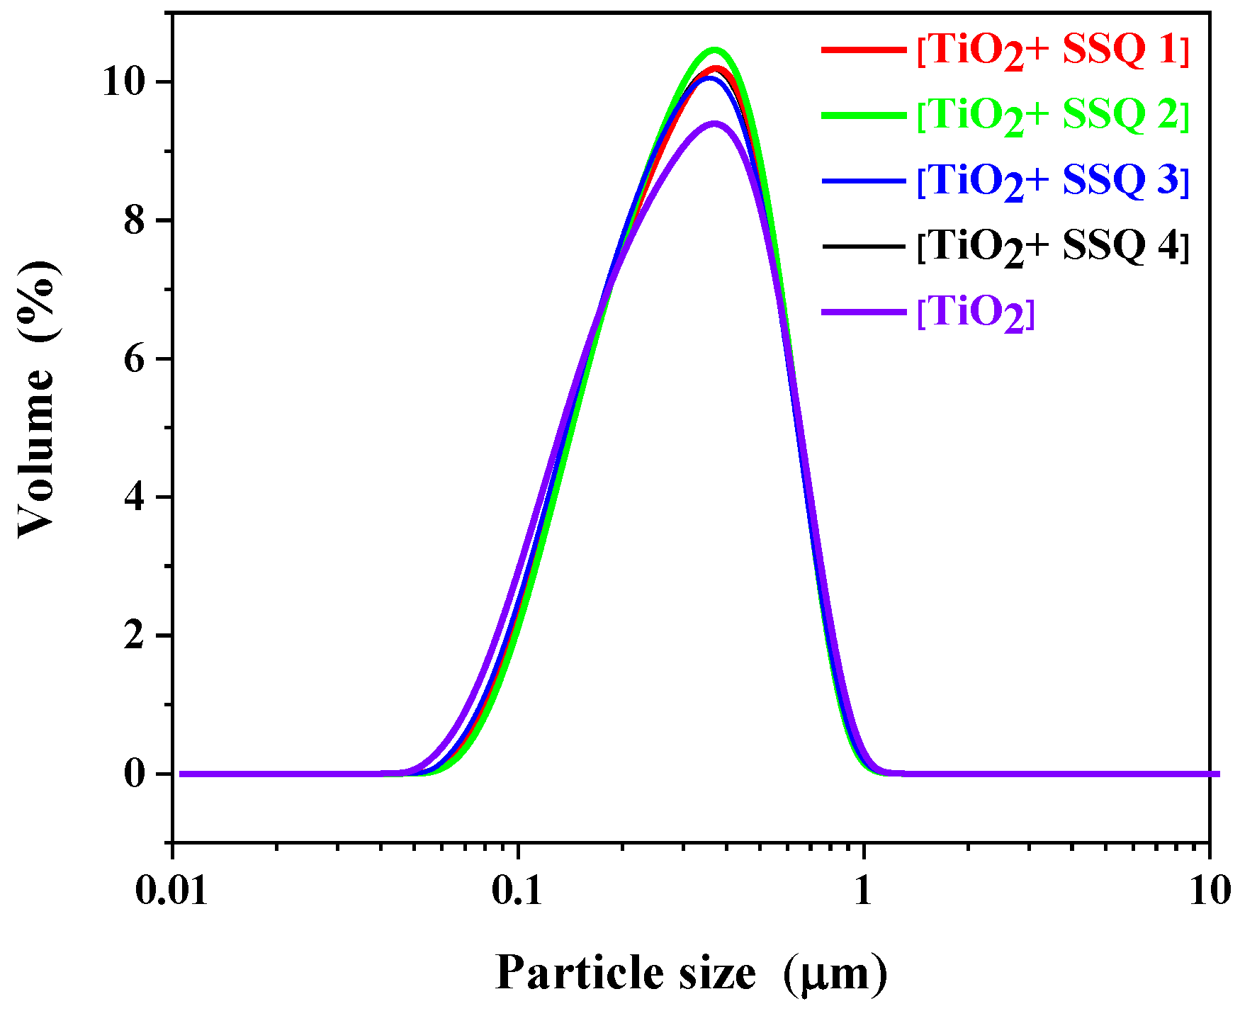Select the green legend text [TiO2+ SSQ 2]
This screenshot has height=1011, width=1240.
pos(1053,115)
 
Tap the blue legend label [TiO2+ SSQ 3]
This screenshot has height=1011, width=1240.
pos(1053,181)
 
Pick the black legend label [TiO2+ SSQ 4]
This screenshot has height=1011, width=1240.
pos(1053,246)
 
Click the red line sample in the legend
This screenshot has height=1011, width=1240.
pos(864,50)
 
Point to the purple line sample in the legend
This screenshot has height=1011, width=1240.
pos(864,312)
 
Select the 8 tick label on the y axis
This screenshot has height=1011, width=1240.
pos(135,221)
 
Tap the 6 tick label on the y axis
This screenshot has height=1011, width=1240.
pos(135,359)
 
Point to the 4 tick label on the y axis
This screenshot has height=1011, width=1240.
pos(135,497)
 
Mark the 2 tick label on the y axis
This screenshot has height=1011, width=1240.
pos(135,636)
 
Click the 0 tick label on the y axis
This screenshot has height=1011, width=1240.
pos(135,774)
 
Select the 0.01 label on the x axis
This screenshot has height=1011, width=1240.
pos(172,891)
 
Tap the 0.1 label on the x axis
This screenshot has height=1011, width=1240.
pos(518,891)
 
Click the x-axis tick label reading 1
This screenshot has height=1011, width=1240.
pos(863,891)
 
